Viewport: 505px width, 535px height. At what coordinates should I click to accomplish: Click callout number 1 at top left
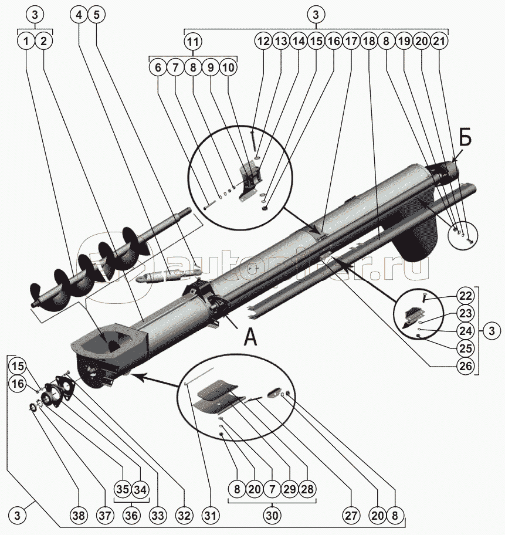pos(26,42)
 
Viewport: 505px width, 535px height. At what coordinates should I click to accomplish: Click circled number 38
pos(78,516)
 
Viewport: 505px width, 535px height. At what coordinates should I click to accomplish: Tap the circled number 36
pos(130,516)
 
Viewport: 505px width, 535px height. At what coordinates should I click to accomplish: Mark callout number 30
pos(271,516)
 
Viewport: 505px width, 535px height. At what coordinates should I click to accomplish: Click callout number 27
pos(350,516)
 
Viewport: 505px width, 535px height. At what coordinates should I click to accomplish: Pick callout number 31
pos(210,516)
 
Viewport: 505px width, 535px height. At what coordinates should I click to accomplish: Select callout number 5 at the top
pos(97,16)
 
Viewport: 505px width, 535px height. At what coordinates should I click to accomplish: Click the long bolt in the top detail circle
pos(252,141)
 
